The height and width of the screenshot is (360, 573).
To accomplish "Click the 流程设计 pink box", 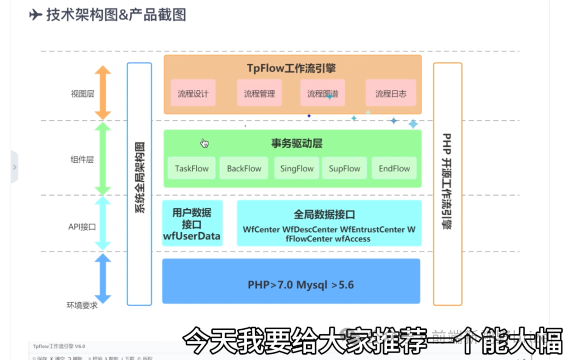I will [x=193, y=94].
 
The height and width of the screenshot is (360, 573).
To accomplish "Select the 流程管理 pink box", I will [x=259, y=94].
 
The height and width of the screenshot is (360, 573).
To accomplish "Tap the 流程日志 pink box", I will [x=391, y=94].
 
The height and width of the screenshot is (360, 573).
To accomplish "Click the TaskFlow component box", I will [x=192, y=169].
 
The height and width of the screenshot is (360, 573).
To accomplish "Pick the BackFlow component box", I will [x=244, y=169].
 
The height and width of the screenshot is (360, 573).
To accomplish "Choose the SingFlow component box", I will [x=297, y=169].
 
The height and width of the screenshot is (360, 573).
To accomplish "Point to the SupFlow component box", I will [x=344, y=169].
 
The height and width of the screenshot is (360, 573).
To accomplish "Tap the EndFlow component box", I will [x=394, y=169].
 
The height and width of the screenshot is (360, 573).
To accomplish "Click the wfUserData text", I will [x=192, y=236].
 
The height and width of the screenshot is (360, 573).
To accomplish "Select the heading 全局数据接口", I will [x=324, y=215].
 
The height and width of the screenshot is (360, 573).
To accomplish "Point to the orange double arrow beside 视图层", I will [x=102, y=93].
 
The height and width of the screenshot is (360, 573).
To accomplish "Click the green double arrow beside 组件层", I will [x=102, y=159].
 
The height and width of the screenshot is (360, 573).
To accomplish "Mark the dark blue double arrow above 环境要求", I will [x=102, y=278].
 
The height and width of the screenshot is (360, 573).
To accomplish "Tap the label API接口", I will [x=82, y=227].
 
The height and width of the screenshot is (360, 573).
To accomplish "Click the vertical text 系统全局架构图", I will [x=139, y=178].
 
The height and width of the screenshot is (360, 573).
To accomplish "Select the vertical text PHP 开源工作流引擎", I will [x=447, y=180].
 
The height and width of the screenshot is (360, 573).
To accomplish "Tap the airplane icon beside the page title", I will [x=36, y=15].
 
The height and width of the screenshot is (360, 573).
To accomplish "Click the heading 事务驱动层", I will [x=297, y=143].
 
